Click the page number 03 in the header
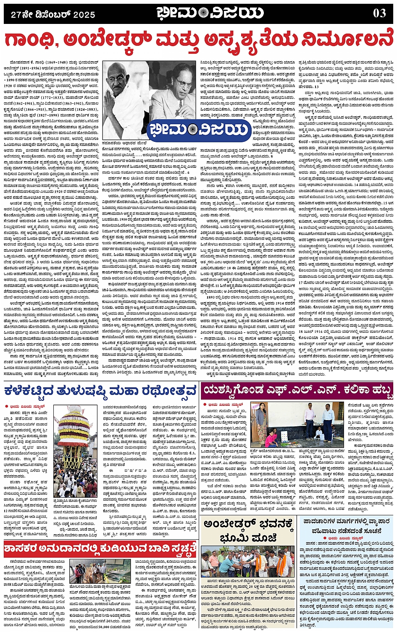[x=379, y=13]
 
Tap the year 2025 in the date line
[x=84, y=15]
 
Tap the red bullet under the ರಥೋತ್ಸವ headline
[x=7, y=406]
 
